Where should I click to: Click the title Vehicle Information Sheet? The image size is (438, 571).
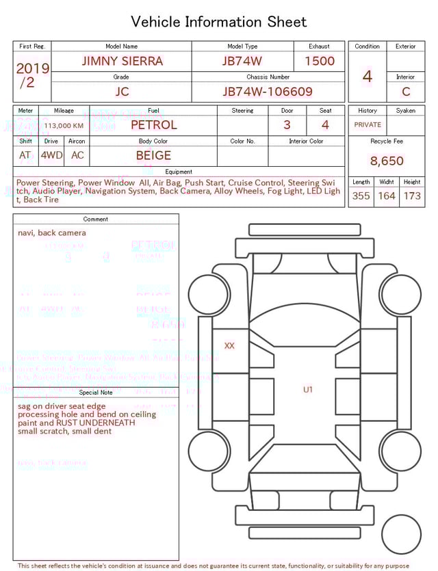pos(219,22)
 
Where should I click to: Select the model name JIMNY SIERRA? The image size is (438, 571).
pos(122,61)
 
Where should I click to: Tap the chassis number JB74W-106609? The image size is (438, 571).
pos(268,92)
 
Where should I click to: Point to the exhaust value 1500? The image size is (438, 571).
pos(319,61)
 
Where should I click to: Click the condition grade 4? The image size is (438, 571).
pos(367,76)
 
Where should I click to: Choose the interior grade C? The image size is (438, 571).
pos(406,92)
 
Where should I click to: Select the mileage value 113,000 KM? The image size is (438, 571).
pos(64,125)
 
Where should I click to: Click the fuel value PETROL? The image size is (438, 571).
pos(153,124)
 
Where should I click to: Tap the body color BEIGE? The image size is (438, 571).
pos(153,155)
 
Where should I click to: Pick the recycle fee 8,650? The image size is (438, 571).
pos(387,161)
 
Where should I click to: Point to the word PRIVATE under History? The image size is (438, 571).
pos(368,124)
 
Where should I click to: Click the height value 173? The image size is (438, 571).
pos(412,196)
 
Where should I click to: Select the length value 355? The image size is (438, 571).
pos(361,196)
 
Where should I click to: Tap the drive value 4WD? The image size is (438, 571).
pos(51,155)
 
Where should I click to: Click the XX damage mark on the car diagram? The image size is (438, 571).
pos(229,346)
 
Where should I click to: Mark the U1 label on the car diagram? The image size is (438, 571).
pos(308,390)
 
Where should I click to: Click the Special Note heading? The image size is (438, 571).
pos(96,393)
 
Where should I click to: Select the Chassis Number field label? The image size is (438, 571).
pos(268,77)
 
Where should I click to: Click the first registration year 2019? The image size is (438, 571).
pos(32,68)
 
